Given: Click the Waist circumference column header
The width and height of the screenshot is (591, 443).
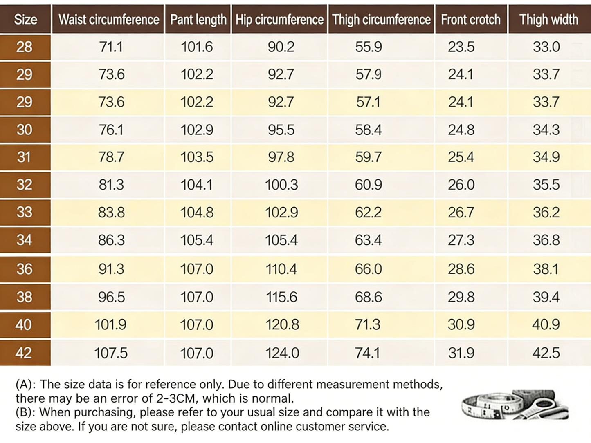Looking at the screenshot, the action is tap(108, 20).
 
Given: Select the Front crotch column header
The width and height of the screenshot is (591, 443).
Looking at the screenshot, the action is tap(471, 20).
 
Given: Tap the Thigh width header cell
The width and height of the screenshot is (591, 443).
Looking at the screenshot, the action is tap(549, 20).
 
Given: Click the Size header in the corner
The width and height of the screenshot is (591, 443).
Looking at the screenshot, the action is tap(26, 20).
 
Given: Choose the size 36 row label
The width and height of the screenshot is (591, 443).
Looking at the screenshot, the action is tap(25, 269).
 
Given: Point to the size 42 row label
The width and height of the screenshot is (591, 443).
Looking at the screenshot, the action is tap(24, 353).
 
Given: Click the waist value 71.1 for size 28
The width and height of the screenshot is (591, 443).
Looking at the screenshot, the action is tap(111, 47).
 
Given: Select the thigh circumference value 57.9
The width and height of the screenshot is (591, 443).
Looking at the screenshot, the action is tap(369, 74).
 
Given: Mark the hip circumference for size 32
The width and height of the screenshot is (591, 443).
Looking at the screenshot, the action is tap(281, 185).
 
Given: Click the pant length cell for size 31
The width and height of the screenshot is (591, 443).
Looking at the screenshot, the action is tap(197, 157).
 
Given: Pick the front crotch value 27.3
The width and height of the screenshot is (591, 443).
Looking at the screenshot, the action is tap(461, 240).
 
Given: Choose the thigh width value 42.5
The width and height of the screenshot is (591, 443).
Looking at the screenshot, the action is tap(546, 353).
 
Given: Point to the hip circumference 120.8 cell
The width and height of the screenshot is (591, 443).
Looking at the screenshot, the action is tap(282, 324).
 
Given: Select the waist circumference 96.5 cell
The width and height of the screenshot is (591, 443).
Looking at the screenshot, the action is tap(112, 297).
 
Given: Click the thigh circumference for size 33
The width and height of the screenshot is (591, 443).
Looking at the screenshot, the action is tap(369, 213).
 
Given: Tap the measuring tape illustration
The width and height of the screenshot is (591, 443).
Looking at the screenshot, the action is tap(515, 405).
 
